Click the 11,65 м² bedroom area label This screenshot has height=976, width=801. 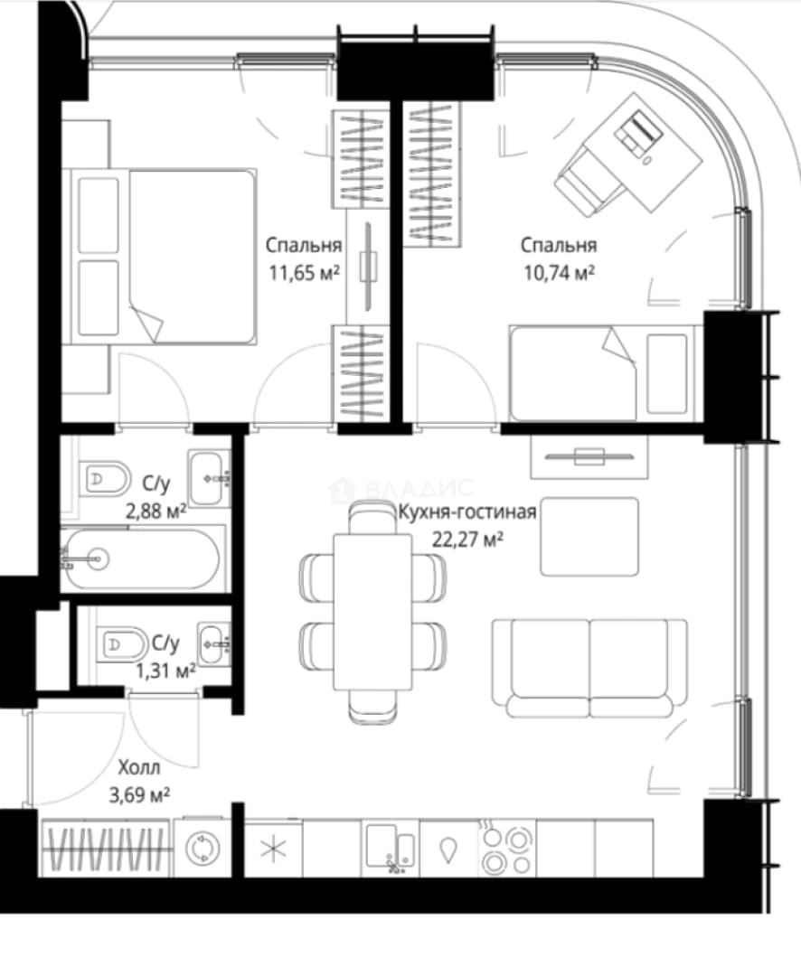[x=304, y=273]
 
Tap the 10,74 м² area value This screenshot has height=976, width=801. [x=559, y=273]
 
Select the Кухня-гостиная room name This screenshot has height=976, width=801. [x=467, y=511]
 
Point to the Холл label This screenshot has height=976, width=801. [x=139, y=767]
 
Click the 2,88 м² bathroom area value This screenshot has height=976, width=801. [x=155, y=511]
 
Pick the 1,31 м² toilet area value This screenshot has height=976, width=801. [x=165, y=671]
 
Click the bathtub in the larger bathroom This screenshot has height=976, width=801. [x=142, y=559]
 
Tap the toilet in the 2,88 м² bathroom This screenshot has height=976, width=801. [x=105, y=479]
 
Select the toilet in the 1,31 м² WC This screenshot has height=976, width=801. [x=122, y=643]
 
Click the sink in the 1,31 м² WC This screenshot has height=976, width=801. [x=214, y=643]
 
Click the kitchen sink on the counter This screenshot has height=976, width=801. [x=391, y=847]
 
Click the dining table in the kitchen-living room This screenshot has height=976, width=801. [x=372, y=611]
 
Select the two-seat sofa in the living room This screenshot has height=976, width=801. [x=589, y=669]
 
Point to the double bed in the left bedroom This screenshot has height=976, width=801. [x=164, y=257]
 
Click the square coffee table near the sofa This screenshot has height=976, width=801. [x=589, y=537]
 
